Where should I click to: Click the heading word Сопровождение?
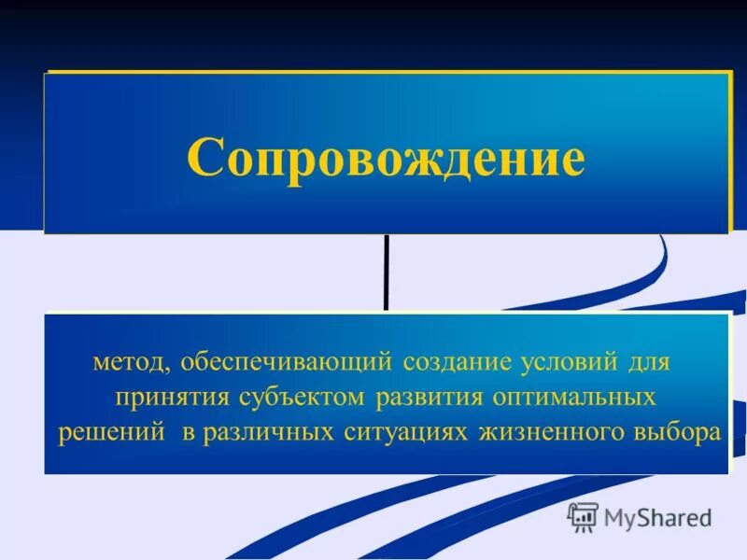pos(386,158)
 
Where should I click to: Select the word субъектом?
pos(299,398)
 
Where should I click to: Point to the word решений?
pos(106,435)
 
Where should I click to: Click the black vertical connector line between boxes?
pos(386,271)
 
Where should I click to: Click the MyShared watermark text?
pos(657,517)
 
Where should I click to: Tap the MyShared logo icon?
pos(583,516)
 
